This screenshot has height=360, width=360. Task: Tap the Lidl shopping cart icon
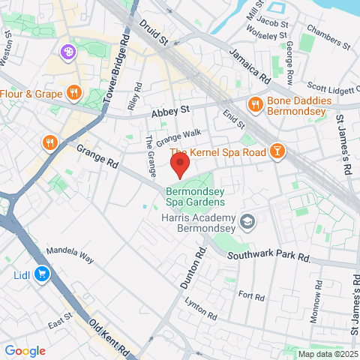[42, 274]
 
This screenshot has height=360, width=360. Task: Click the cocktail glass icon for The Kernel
[277, 151]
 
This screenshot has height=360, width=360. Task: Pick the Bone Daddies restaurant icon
[256, 105]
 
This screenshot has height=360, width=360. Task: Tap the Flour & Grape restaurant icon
[73, 94]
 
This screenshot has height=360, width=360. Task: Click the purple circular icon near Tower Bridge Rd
[68, 52]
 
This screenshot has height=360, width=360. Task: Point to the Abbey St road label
[170, 112]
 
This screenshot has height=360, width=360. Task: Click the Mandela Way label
[70, 255]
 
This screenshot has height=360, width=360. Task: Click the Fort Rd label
[251, 296]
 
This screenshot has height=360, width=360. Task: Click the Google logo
[25, 350]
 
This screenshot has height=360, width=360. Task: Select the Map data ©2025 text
[328, 354]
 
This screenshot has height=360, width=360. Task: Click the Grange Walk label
[179, 135]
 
